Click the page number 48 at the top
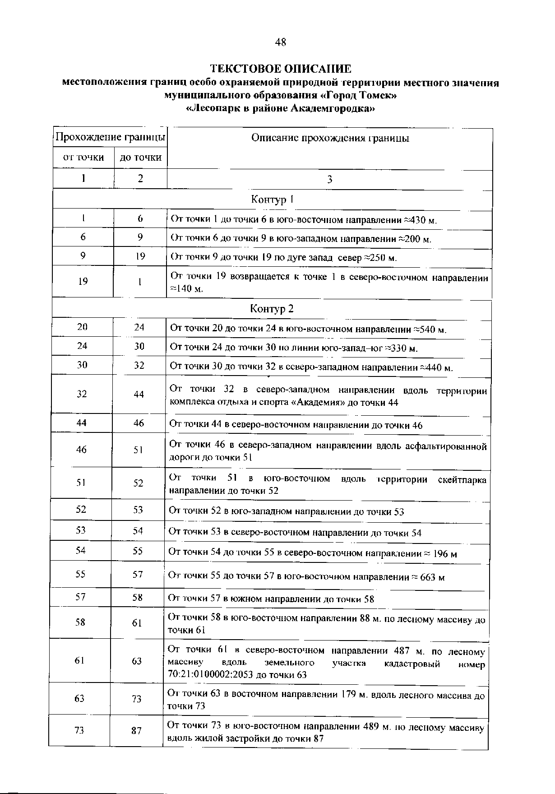click(280, 42)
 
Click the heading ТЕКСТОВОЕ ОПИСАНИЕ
click(280, 69)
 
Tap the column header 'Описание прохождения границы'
click(330, 139)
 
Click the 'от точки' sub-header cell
click(83, 157)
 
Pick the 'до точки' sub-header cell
click(140, 157)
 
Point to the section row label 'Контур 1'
click(272, 200)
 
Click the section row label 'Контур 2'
click(272, 309)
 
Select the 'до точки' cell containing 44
click(139, 395)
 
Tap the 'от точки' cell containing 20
click(82, 327)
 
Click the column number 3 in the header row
click(329, 180)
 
